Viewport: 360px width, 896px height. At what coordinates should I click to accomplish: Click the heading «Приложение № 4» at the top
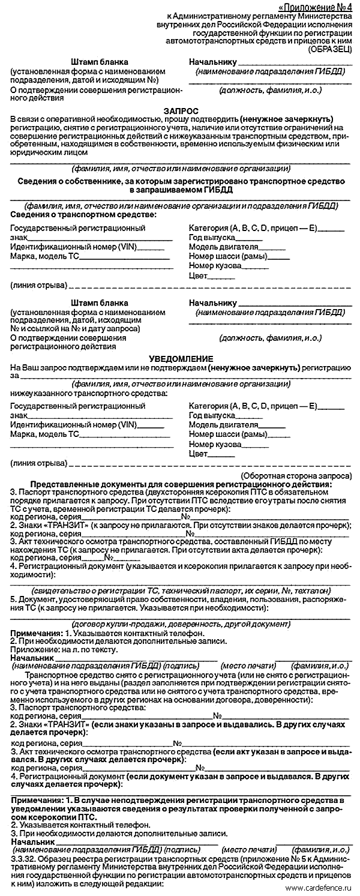point(314,7)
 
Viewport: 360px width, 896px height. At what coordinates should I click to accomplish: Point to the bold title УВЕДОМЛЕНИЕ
point(181,358)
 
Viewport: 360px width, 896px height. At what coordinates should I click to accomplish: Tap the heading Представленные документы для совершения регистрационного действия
point(181,483)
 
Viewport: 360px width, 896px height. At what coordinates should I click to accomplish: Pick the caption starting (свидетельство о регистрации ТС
point(180,591)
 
